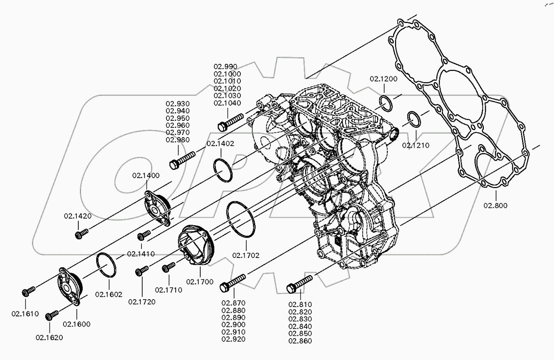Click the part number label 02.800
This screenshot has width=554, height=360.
[496, 206]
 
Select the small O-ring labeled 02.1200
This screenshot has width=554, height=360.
[386, 103]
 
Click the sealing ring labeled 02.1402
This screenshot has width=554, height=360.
[223, 170]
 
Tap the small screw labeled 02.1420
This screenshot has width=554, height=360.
[81, 233]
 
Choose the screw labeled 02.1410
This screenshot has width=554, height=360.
[144, 235]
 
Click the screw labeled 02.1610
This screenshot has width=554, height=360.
[29, 291]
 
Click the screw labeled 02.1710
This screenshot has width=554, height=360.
[169, 267]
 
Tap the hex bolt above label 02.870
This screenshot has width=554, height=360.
[233, 283]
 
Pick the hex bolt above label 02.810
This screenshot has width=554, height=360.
[299, 284]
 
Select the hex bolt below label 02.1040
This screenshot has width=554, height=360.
[230, 122]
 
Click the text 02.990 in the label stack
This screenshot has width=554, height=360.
[225, 67]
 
